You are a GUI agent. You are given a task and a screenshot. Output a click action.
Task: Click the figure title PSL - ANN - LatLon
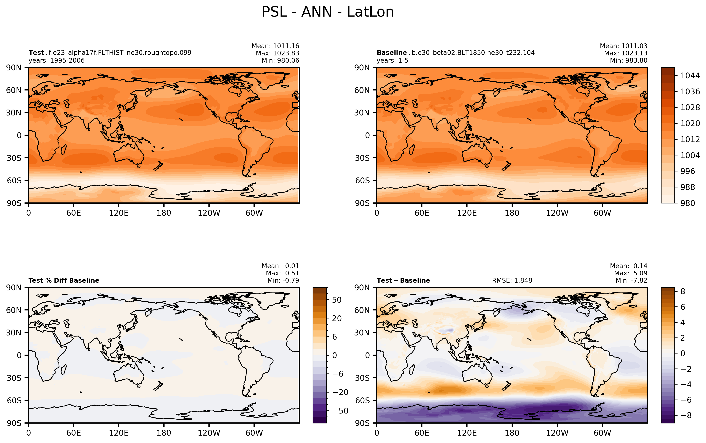click(x=327, y=12)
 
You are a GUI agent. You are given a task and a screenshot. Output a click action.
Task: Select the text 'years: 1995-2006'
click(x=56, y=61)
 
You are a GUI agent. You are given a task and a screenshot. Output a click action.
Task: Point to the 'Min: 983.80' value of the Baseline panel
click(x=628, y=61)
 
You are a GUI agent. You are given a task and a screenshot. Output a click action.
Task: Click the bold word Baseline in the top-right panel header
click(x=391, y=53)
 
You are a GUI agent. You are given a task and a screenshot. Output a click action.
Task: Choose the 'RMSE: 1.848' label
click(x=512, y=280)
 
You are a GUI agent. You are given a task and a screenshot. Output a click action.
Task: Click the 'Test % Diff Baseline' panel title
click(x=64, y=280)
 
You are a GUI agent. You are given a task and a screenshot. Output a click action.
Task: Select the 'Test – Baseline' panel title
click(x=403, y=280)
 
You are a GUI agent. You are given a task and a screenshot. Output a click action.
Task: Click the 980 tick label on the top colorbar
click(x=688, y=203)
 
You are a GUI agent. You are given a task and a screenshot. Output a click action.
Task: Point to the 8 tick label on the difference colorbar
click(x=683, y=291)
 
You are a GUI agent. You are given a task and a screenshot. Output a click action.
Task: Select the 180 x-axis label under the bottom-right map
click(x=512, y=433)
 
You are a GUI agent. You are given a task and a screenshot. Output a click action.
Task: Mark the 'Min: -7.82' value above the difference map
click(x=631, y=280)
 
